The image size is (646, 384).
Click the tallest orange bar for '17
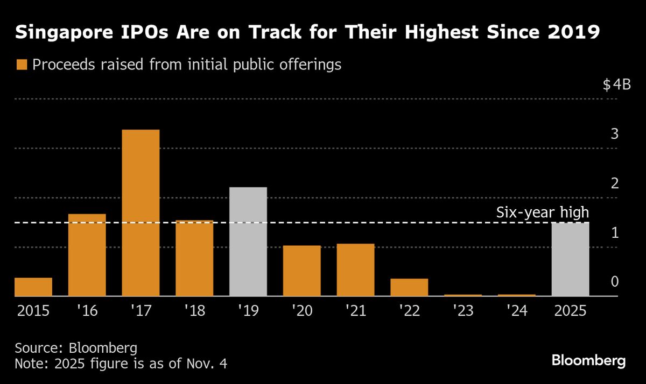[x=141, y=212]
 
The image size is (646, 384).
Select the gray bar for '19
[x=248, y=241]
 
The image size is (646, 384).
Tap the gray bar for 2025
[x=571, y=259]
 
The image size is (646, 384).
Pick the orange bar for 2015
[x=33, y=287]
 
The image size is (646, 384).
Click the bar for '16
[x=87, y=255]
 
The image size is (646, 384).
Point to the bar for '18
[x=194, y=258]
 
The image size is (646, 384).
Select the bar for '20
[x=302, y=271]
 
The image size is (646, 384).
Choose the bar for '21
[x=356, y=270]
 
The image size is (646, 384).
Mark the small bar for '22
[x=410, y=287]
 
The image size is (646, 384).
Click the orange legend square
[x=22, y=65]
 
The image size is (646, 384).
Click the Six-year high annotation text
[x=542, y=213]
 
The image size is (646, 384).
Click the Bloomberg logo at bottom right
[x=589, y=360]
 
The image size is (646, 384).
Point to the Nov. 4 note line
[x=121, y=364]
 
